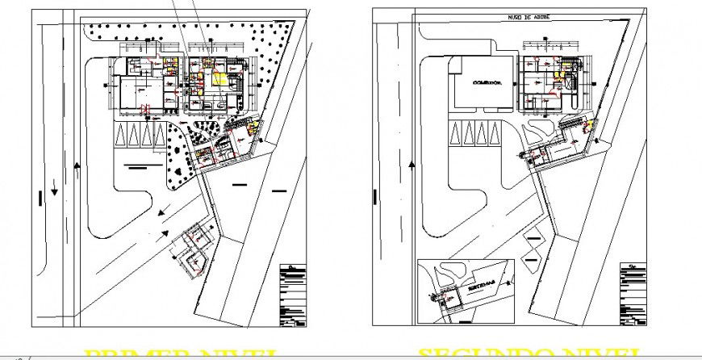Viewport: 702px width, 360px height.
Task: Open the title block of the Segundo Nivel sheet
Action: pyautogui.click(x=633, y=295)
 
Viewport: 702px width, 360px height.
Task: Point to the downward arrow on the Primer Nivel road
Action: pyautogui.click(x=55, y=190)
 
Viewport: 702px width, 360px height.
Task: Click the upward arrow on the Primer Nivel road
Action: pyautogui.click(x=77, y=165)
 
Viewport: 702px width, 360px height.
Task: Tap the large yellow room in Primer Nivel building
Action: pyautogui.click(x=220, y=79)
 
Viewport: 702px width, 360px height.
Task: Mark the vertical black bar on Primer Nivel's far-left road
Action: pyautogui.click(x=38, y=199)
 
